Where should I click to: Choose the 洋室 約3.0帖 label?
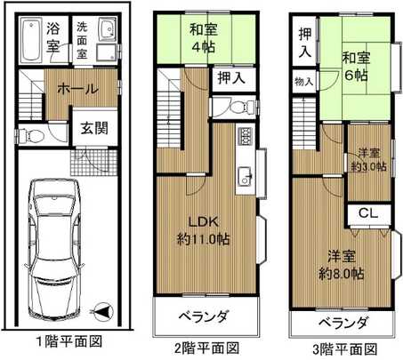click(368, 157)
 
